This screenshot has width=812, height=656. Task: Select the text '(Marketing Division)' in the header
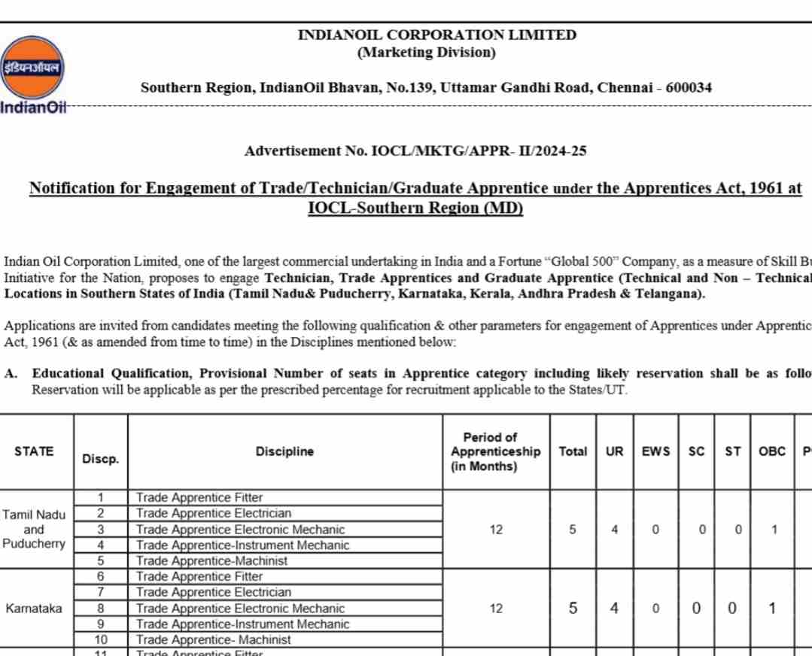426,53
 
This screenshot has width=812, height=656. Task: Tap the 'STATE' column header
34,451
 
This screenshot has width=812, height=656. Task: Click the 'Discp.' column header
101,459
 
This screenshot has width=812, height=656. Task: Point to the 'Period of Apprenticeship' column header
495,451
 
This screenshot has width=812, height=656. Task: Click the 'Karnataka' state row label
34,608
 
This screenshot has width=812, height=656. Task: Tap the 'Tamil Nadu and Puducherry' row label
34,529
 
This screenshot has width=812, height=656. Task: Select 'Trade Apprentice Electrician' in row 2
214,513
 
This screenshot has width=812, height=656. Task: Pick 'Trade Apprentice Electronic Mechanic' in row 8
241,608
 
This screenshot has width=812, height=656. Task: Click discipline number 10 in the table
101,639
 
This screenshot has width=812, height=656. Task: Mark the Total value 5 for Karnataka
573,608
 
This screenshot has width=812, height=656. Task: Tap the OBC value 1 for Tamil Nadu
774,529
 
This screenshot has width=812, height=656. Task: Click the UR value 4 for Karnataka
614,608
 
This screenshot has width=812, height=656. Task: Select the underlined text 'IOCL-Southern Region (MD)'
415,208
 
